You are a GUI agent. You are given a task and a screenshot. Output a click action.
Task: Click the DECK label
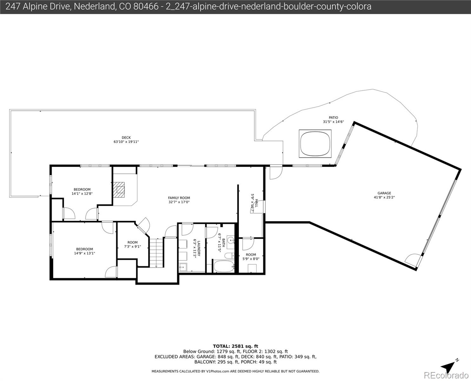tap(126, 137)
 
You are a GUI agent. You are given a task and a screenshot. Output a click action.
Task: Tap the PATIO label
tap(333, 117)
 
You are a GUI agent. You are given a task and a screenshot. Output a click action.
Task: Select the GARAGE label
tap(384, 193)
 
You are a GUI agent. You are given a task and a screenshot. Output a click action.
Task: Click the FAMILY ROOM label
tap(179, 198)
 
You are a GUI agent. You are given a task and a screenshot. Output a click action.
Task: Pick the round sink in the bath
tap(231, 240)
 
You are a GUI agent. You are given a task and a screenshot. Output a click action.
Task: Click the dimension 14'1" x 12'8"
tap(82, 193)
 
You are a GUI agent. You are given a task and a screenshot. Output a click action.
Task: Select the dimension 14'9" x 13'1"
tap(84, 253)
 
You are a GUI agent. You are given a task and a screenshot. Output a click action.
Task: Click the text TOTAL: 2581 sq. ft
tap(235, 346)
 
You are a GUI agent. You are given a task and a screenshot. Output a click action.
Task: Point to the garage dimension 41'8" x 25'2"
tap(384, 197)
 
